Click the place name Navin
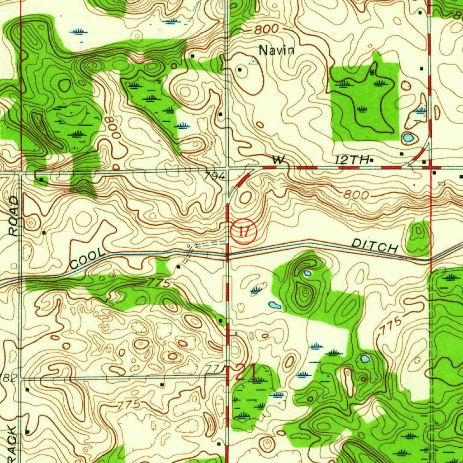click(x=277, y=50)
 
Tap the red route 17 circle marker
click(x=243, y=232)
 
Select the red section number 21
click(x=246, y=373)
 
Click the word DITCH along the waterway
click(x=375, y=246)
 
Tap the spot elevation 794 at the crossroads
click(x=214, y=177)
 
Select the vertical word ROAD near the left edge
click(x=14, y=216)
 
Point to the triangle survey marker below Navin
click(x=254, y=61)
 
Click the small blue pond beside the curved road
click(x=408, y=137)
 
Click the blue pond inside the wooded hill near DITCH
click(x=308, y=274)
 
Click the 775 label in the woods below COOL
click(x=159, y=283)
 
